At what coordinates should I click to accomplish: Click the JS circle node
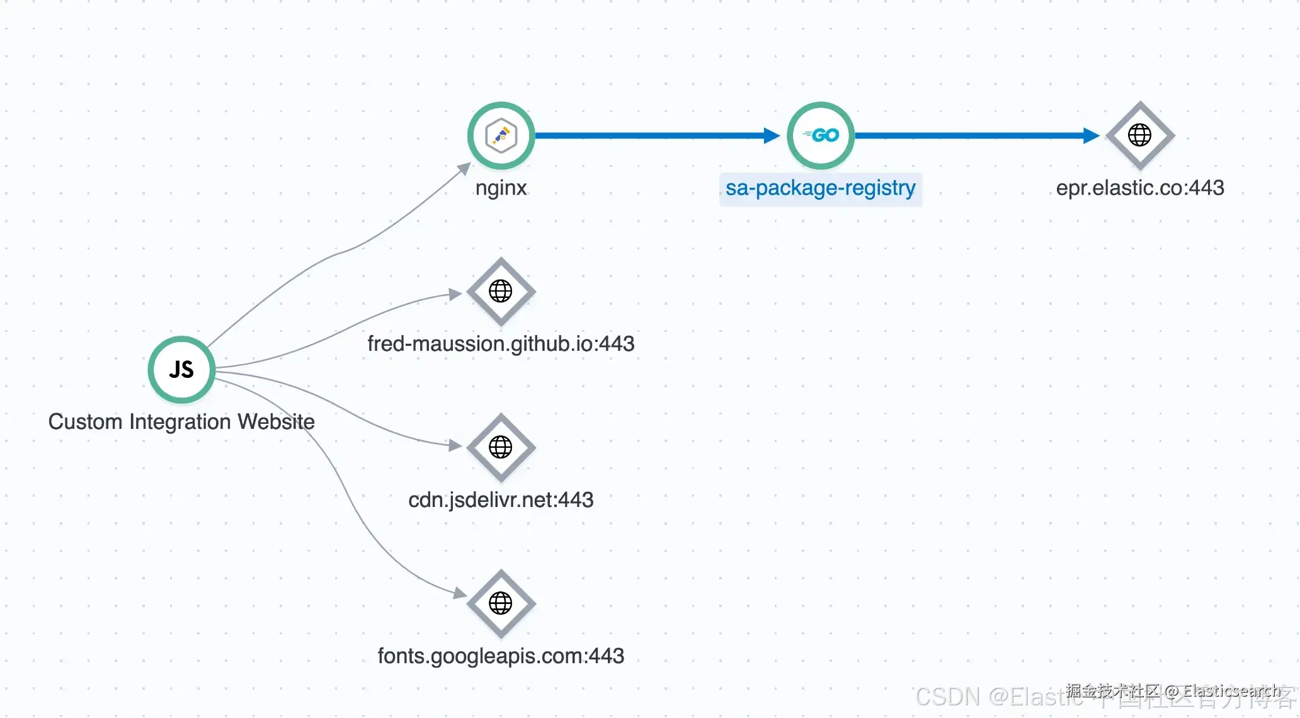click(x=181, y=370)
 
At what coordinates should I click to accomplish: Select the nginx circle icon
click(x=501, y=135)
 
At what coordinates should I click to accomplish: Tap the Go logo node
click(x=821, y=135)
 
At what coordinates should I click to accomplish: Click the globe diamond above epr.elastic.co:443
click(x=1140, y=135)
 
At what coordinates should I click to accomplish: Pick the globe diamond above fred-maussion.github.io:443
click(x=501, y=292)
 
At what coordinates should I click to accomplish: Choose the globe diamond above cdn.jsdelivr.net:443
click(x=501, y=447)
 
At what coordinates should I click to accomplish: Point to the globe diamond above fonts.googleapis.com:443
click(x=501, y=603)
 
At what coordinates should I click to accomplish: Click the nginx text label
click(x=501, y=188)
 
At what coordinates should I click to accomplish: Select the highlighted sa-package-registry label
click(x=820, y=188)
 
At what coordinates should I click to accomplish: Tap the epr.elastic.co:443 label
click(x=1140, y=188)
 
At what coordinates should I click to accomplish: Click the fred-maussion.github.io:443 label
click(x=501, y=344)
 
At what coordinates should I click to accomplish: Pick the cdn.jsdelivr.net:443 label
click(x=501, y=500)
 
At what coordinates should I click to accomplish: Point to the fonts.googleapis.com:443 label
click(x=501, y=656)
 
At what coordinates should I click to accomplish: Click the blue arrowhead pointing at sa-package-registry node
click(x=772, y=135)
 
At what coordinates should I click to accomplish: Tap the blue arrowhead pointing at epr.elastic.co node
click(x=1091, y=135)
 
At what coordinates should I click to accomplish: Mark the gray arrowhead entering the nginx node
click(x=465, y=168)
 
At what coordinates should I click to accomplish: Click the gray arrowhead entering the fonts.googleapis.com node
click(x=460, y=593)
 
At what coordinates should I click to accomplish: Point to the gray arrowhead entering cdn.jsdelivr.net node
click(x=455, y=445)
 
